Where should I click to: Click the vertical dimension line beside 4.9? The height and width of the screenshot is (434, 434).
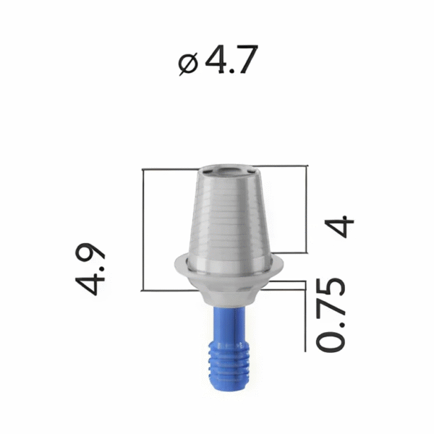(x=145, y=229)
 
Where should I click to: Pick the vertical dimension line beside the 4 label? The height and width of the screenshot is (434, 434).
(x=307, y=210)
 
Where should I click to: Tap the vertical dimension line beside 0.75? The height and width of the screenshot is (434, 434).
(x=307, y=318)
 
